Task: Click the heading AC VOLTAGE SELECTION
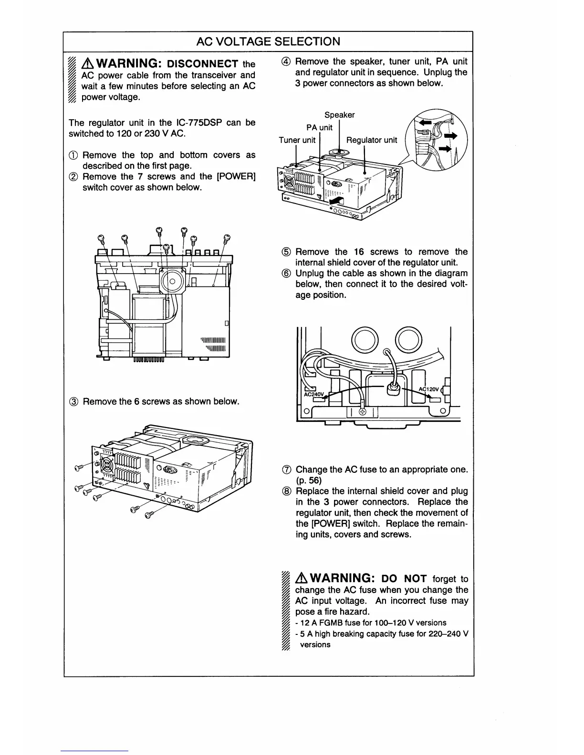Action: tap(268, 41)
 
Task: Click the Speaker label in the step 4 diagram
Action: tap(339, 115)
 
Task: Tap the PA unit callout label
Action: tap(319, 127)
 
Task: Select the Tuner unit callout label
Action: tap(297, 140)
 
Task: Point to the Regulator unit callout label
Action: tap(371, 140)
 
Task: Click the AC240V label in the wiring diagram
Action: tap(314, 394)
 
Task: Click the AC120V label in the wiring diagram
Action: tap(429, 389)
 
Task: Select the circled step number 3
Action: tap(74, 401)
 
